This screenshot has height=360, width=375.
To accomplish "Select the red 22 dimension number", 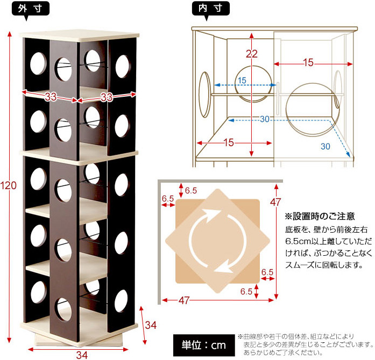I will (x=252, y=54).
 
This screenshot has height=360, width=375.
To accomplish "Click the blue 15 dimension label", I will (x=242, y=81).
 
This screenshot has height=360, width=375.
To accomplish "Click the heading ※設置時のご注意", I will (x=320, y=217).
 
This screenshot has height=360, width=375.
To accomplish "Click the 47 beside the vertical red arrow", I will (x=276, y=203).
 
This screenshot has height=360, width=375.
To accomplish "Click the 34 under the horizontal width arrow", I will (x=81, y=355).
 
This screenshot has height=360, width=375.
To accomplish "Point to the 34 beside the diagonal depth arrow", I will (x=152, y=325).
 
